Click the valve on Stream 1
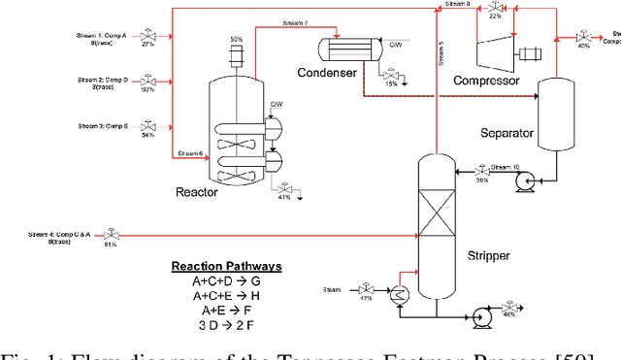(x=148, y=35)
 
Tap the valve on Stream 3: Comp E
(x=148, y=126)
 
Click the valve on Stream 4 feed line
(x=110, y=234)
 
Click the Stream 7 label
(x=295, y=22)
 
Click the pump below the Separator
(x=530, y=180)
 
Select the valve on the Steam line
(x=365, y=289)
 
